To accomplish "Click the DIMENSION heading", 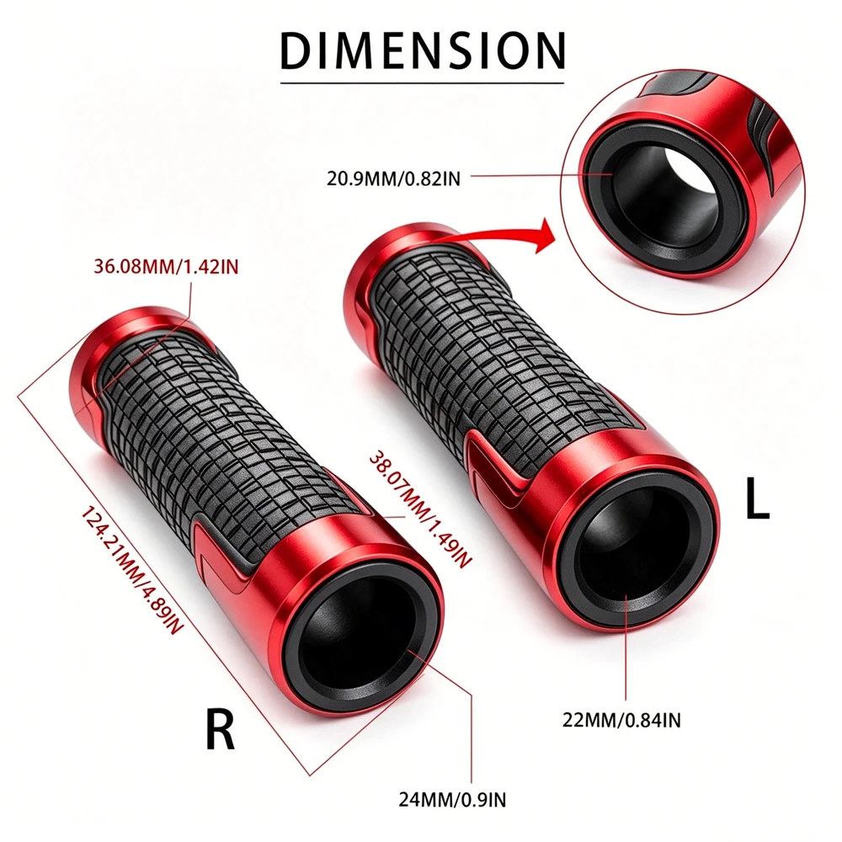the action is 423,51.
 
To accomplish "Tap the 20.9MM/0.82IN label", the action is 393,179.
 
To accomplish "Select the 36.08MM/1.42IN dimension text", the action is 166,266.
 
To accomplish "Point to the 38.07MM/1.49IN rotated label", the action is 420,509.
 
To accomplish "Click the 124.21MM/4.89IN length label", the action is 133,570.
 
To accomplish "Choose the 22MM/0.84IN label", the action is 621,720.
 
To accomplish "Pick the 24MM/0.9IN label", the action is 452,800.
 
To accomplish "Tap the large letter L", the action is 758,498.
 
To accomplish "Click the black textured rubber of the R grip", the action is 226,440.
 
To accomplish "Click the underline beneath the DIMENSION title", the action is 423,83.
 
